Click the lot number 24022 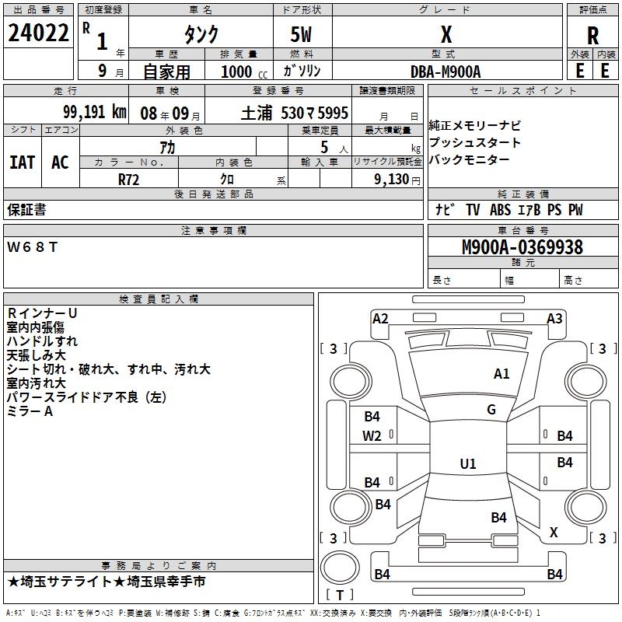38,34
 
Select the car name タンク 201,34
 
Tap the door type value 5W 302,34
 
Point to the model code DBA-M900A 446,71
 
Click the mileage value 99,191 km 95,112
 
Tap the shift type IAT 22,162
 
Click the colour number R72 128,179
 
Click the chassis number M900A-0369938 522,247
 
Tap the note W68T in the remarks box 32,247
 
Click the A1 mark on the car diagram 501,374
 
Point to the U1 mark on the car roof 467,464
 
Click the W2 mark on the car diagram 372,436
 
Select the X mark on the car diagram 554,533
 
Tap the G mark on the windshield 491,410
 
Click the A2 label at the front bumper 380,318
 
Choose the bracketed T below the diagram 339,594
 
